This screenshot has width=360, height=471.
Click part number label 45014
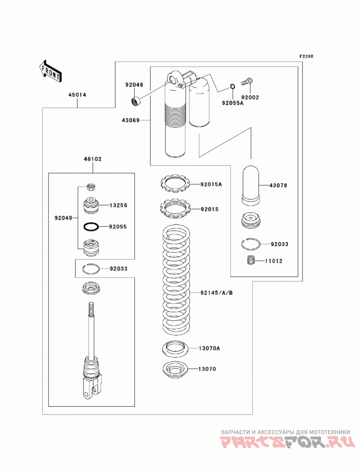point(77,95)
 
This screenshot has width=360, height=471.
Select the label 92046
point(134,85)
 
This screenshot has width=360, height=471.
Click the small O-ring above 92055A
point(233,87)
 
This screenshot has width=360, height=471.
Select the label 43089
point(130,120)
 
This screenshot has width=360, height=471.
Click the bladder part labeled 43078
point(251,186)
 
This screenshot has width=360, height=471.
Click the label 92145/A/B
point(216,292)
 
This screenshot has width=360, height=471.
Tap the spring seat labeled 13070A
point(175,349)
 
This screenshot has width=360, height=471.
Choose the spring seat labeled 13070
point(175,369)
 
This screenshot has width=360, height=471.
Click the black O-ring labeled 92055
point(91,227)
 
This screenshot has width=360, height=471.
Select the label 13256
point(118,206)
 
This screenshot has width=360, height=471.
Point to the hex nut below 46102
point(91,187)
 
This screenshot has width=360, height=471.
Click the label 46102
point(93,159)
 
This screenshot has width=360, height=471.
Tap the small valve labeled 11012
point(251,260)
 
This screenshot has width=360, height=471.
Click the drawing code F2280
point(306,56)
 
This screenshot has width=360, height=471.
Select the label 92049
point(63,218)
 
